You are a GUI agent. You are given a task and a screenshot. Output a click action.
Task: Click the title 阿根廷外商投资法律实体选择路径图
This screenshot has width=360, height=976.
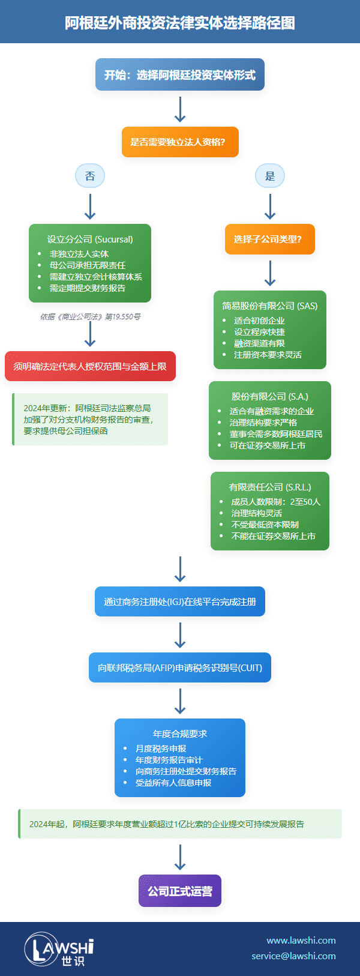click(x=180, y=23)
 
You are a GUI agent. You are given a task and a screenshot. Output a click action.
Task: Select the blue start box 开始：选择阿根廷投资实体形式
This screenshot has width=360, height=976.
click(x=180, y=75)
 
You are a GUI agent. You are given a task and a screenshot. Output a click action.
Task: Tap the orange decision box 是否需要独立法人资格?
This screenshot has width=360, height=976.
click(x=180, y=142)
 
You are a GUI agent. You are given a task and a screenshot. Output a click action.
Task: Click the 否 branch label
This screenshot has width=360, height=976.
click(x=90, y=176)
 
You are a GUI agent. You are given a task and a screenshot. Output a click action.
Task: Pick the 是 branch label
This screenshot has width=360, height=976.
click(x=270, y=176)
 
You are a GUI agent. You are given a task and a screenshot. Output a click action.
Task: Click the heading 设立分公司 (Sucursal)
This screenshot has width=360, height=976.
click(x=90, y=239)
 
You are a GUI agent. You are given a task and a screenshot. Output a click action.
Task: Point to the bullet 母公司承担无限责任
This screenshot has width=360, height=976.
click(x=88, y=265)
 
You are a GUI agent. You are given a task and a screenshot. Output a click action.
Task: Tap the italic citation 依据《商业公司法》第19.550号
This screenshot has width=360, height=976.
click(x=90, y=316)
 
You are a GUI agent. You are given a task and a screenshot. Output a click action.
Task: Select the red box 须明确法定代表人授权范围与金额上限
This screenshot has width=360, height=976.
click(x=90, y=366)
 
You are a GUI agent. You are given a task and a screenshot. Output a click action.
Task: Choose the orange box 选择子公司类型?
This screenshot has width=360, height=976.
click(x=270, y=239)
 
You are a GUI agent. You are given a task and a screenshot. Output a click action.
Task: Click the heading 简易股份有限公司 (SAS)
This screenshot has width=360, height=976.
click(x=270, y=306)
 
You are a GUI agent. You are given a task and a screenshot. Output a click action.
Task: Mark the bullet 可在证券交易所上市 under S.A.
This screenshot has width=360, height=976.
click(x=268, y=445)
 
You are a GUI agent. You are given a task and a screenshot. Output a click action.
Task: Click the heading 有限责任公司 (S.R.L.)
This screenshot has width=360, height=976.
click(x=270, y=487)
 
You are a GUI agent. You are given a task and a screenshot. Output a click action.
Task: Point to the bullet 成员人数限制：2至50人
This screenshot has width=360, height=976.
click(x=276, y=502)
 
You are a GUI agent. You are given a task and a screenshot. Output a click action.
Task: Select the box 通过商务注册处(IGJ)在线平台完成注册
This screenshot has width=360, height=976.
click(x=180, y=601)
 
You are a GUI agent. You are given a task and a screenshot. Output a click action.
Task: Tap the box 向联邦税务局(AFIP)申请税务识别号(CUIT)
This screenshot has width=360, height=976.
click(x=180, y=667)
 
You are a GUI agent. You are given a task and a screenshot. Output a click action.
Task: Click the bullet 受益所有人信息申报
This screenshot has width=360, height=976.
click(x=173, y=783)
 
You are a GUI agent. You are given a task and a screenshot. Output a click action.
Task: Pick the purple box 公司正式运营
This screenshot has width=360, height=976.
click(x=180, y=891)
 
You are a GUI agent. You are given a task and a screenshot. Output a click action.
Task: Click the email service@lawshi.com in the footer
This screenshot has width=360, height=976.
click(x=293, y=956)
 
